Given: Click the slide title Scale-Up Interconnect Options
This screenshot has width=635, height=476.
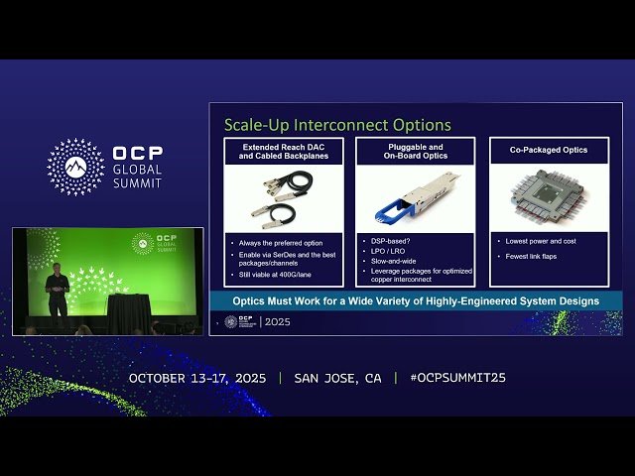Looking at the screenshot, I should click(x=337, y=125).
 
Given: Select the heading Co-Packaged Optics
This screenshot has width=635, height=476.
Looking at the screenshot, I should click(x=549, y=150).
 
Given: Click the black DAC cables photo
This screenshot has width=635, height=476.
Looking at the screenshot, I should click(x=282, y=198).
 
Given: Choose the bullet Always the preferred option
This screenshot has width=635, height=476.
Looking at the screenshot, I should click(x=278, y=242).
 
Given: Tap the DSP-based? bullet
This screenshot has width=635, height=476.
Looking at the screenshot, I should click(x=392, y=241).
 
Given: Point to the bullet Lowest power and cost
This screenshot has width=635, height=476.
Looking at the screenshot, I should click(x=541, y=241).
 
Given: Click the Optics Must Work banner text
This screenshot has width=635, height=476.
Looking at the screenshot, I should click(x=415, y=300).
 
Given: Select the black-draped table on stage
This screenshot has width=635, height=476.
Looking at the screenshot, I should click(x=127, y=312).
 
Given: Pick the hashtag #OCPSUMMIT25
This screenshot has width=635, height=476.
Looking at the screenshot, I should click(x=457, y=379).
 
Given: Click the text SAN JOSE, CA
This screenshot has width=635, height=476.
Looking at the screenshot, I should click(x=337, y=379).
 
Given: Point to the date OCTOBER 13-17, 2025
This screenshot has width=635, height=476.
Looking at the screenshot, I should click(x=199, y=379).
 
